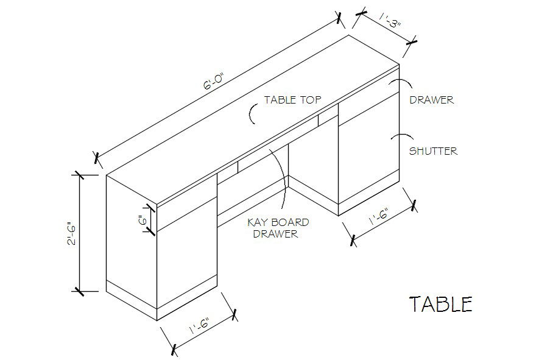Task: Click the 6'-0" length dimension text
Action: [x=214, y=82]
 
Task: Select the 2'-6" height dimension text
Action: [x=72, y=232]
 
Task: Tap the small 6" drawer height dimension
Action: [x=141, y=219]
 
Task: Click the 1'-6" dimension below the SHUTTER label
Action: [x=378, y=217]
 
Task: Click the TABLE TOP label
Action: [x=292, y=99]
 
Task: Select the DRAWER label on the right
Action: [x=431, y=99]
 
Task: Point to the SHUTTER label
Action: [x=433, y=150]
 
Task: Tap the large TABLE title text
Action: [x=440, y=304]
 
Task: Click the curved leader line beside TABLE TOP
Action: [x=253, y=113]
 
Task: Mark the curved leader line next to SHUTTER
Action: [x=397, y=136]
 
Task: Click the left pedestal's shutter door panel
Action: [x=186, y=259]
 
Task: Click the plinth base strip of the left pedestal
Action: [x=186, y=297]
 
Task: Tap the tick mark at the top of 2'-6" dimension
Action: [x=78, y=175]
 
